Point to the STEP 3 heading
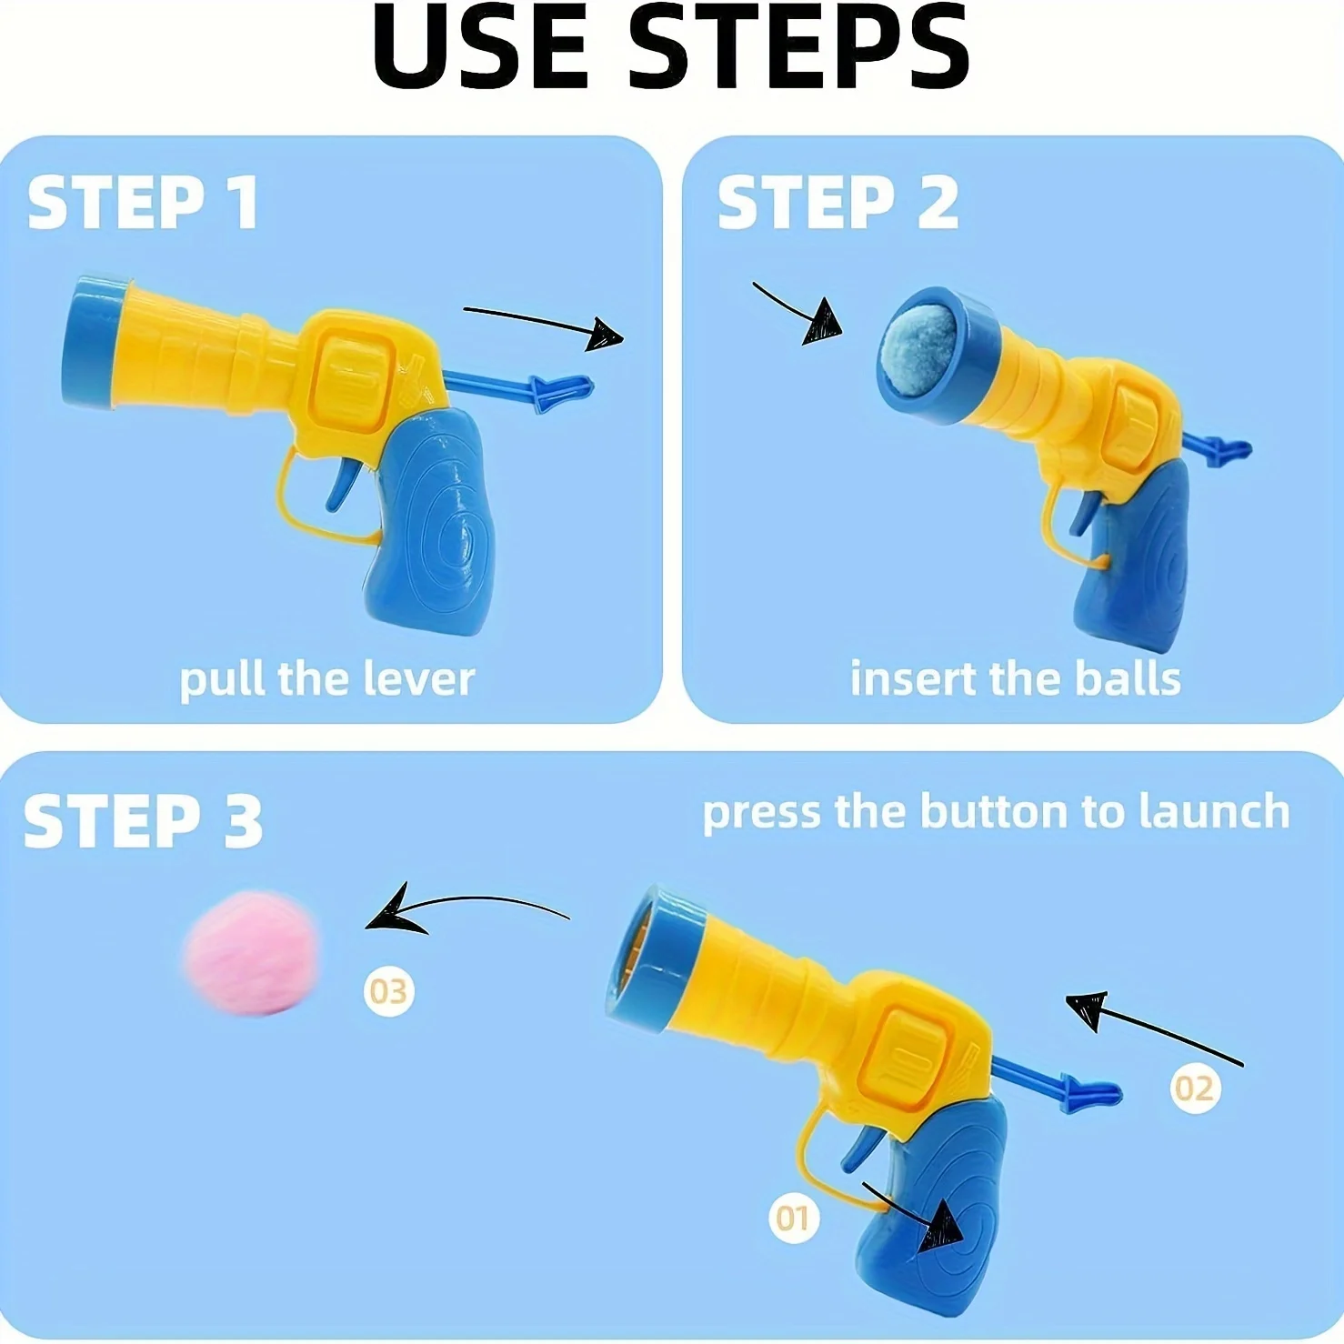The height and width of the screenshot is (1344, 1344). [143, 820]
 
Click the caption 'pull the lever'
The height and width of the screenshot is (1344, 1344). [326, 679]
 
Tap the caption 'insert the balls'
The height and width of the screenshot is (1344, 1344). [1015, 679]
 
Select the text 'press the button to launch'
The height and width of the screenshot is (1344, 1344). [996, 811]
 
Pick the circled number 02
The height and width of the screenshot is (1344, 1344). [1194, 1088]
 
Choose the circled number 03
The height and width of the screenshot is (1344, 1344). [389, 991]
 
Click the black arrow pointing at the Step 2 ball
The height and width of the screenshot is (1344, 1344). [800, 314]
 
